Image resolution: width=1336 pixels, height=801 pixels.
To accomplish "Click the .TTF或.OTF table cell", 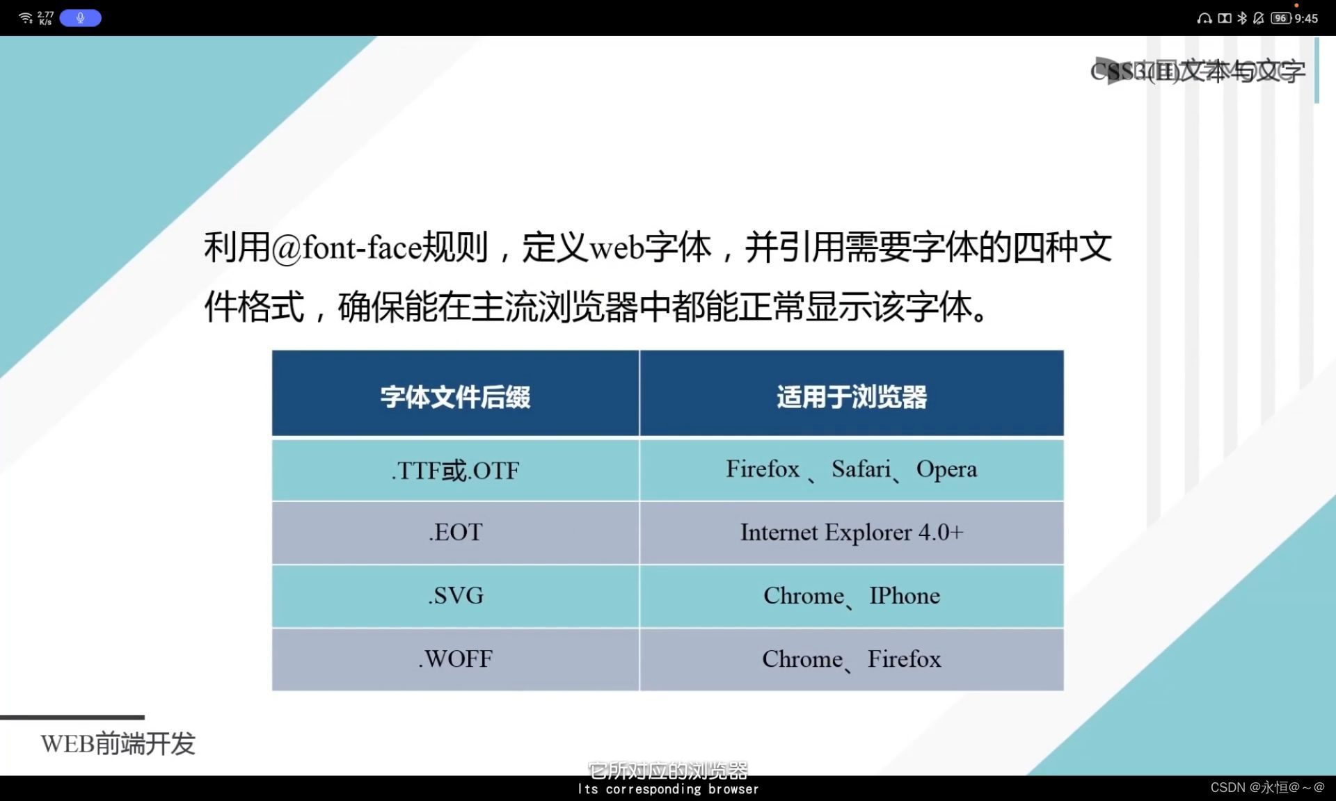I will (455, 471).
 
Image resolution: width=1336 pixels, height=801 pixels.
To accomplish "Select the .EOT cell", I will (455, 533).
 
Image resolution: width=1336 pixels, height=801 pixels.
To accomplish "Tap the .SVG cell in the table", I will (455, 596).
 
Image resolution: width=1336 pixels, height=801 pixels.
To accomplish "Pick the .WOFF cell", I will (455, 659).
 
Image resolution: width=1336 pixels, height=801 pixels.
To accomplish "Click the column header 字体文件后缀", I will (455, 397).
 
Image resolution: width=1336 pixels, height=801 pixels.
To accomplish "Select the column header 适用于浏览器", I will (852, 397).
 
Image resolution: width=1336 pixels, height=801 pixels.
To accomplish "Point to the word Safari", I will (861, 469).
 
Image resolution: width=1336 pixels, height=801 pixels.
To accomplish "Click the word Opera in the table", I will (946, 469).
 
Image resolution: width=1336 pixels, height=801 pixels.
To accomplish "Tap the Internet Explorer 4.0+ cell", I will (852, 533).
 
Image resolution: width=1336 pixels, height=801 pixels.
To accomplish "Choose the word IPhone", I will (905, 596).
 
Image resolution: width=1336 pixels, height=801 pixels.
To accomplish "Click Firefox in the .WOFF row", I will (904, 659).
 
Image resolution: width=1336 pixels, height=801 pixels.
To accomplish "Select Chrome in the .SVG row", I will (804, 596).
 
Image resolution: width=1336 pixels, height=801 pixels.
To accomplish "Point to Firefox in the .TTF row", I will (763, 469).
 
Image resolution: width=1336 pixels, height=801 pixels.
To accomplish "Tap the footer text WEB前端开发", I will (118, 744).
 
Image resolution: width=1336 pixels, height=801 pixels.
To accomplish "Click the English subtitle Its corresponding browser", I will (668, 789).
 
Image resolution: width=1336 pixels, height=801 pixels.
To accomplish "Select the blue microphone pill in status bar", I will (80, 18).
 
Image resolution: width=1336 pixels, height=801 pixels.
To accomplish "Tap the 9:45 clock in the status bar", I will (1306, 19).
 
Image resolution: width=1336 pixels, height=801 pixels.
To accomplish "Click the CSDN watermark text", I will (1267, 787).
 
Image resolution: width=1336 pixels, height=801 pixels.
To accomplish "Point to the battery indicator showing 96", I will (1281, 19).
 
